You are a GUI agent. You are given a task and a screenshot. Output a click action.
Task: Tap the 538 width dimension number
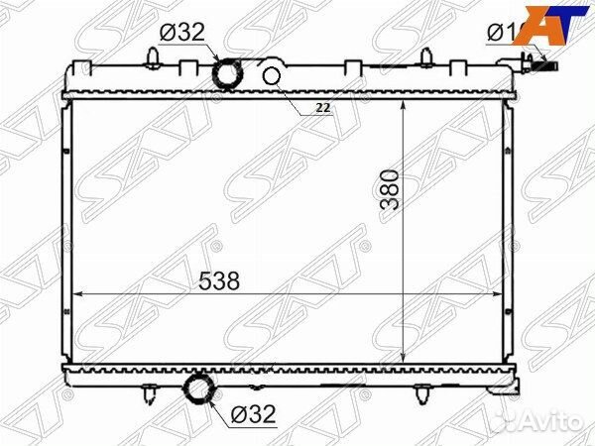218,280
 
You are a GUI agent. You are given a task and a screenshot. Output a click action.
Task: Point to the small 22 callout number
321,106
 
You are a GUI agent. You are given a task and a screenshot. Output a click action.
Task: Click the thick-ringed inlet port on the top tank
230,73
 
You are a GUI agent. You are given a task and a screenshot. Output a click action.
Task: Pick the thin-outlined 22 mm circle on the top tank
274,76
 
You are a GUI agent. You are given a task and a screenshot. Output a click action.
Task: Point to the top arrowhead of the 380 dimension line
405,104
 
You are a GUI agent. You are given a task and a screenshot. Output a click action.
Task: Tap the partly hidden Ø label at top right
501,33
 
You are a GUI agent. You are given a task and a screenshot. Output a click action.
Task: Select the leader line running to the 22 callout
297,95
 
